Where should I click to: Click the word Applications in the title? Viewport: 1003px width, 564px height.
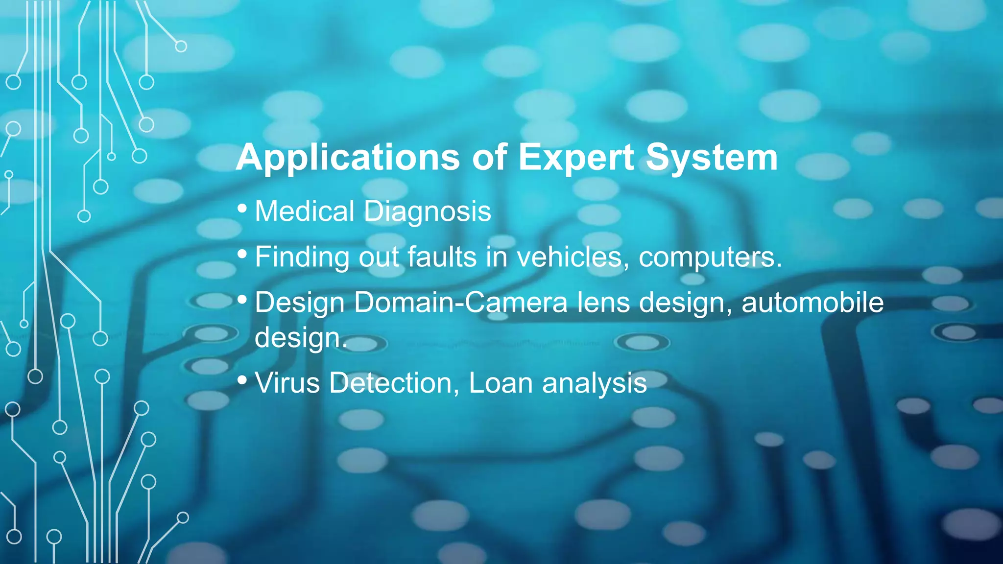(x=348, y=158)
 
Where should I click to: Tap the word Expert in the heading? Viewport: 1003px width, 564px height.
(x=576, y=158)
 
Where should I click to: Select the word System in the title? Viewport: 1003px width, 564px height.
(x=712, y=158)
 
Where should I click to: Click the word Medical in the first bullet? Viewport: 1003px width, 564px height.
(x=304, y=211)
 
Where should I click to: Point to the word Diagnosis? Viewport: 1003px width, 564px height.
(x=427, y=211)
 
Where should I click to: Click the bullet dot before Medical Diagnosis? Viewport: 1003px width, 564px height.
(x=242, y=209)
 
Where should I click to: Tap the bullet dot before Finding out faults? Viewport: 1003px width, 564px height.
(x=242, y=254)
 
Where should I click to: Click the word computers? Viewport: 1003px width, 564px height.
(x=710, y=257)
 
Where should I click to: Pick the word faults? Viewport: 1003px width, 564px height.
(x=442, y=257)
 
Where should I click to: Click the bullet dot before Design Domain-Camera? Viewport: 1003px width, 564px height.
(x=242, y=300)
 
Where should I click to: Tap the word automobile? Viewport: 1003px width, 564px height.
(x=812, y=302)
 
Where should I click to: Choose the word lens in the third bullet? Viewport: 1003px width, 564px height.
(x=603, y=302)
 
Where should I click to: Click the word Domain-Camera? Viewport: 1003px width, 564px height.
(x=460, y=302)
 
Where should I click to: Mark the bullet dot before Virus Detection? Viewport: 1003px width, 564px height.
(x=242, y=380)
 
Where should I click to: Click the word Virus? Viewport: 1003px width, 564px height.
(x=287, y=383)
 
